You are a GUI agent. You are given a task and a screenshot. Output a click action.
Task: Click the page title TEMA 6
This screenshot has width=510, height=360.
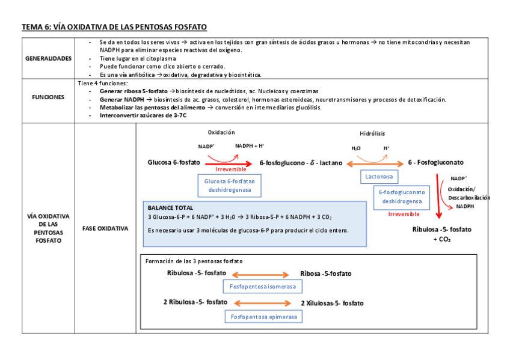(x=114, y=28)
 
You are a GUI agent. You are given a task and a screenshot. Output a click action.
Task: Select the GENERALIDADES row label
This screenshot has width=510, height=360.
(x=48, y=58)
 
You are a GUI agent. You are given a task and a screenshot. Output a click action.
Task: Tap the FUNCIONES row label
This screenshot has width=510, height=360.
(x=48, y=97)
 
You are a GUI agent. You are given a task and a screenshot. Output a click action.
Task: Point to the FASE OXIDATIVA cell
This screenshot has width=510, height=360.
(x=105, y=228)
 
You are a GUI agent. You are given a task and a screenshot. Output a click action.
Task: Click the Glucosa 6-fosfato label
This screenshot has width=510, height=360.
(x=174, y=162)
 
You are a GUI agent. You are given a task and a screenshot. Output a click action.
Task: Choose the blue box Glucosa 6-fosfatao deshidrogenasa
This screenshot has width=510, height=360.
(x=229, y=185)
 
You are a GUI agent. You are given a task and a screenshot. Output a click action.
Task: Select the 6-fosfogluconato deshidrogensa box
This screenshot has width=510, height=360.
(x=402, y=197)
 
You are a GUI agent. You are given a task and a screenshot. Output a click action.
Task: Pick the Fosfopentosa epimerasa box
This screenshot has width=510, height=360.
(x=263, y=317)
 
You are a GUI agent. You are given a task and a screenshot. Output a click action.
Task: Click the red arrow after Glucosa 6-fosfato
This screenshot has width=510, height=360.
(x=229, y=163)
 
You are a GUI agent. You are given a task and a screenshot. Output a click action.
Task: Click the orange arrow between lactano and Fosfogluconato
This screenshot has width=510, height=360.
(x=375, y=163)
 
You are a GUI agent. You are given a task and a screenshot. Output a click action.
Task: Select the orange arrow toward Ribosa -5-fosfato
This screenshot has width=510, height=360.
(x=263, y=273)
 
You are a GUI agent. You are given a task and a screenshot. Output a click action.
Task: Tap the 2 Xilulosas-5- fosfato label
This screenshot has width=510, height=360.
(x=332, y=304)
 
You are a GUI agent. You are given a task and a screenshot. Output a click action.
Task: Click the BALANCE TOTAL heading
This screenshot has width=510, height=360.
(x=170, y=207)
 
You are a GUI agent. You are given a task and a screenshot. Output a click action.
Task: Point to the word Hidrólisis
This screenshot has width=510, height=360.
(x=372, y=133)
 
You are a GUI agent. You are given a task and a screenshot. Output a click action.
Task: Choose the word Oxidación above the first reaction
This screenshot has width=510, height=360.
(x=221, y=132)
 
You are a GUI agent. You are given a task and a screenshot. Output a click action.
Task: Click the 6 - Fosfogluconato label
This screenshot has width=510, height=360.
(x=435, y=162)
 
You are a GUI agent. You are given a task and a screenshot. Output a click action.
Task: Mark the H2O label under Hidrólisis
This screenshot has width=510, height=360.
(x=356, y=148)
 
